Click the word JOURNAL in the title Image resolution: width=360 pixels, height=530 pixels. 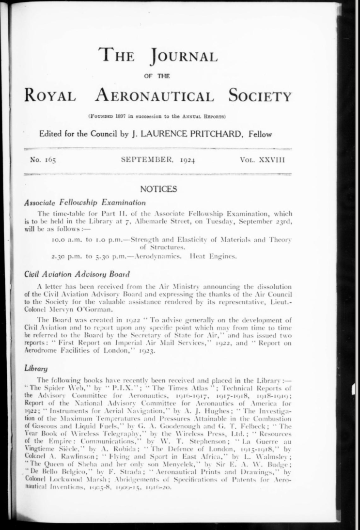pyautogui.click(x=184, y=56)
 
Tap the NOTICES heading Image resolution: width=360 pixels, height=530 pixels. pyautogui.click(x=158, y=189)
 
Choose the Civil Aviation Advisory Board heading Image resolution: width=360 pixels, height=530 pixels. pyautogui.click(x=70, y=274)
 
